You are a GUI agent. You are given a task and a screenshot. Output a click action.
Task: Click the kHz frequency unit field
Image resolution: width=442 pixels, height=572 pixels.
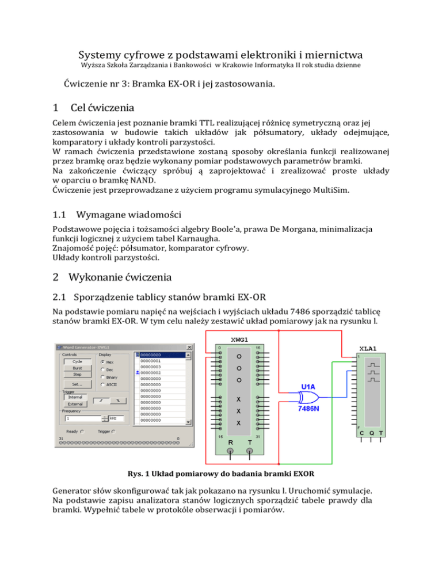click(116, 420)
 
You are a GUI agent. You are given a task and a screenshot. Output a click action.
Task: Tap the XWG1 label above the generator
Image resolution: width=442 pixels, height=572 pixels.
click(241, 340)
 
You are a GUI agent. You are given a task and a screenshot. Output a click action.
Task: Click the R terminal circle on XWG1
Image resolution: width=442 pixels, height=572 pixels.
click(230, 451)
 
